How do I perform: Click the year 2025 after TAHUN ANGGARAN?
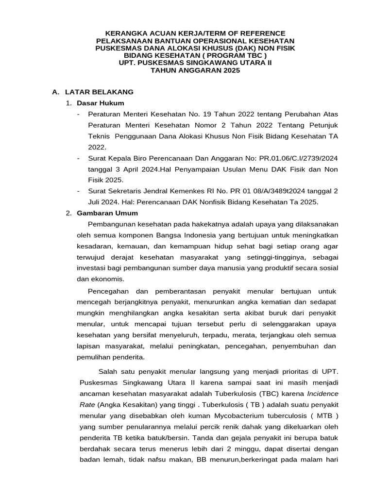pos(231,70)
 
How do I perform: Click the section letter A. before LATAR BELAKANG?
pos(55,92)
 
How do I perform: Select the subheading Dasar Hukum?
pos(101,103)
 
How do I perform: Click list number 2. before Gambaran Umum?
pos(69,213)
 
